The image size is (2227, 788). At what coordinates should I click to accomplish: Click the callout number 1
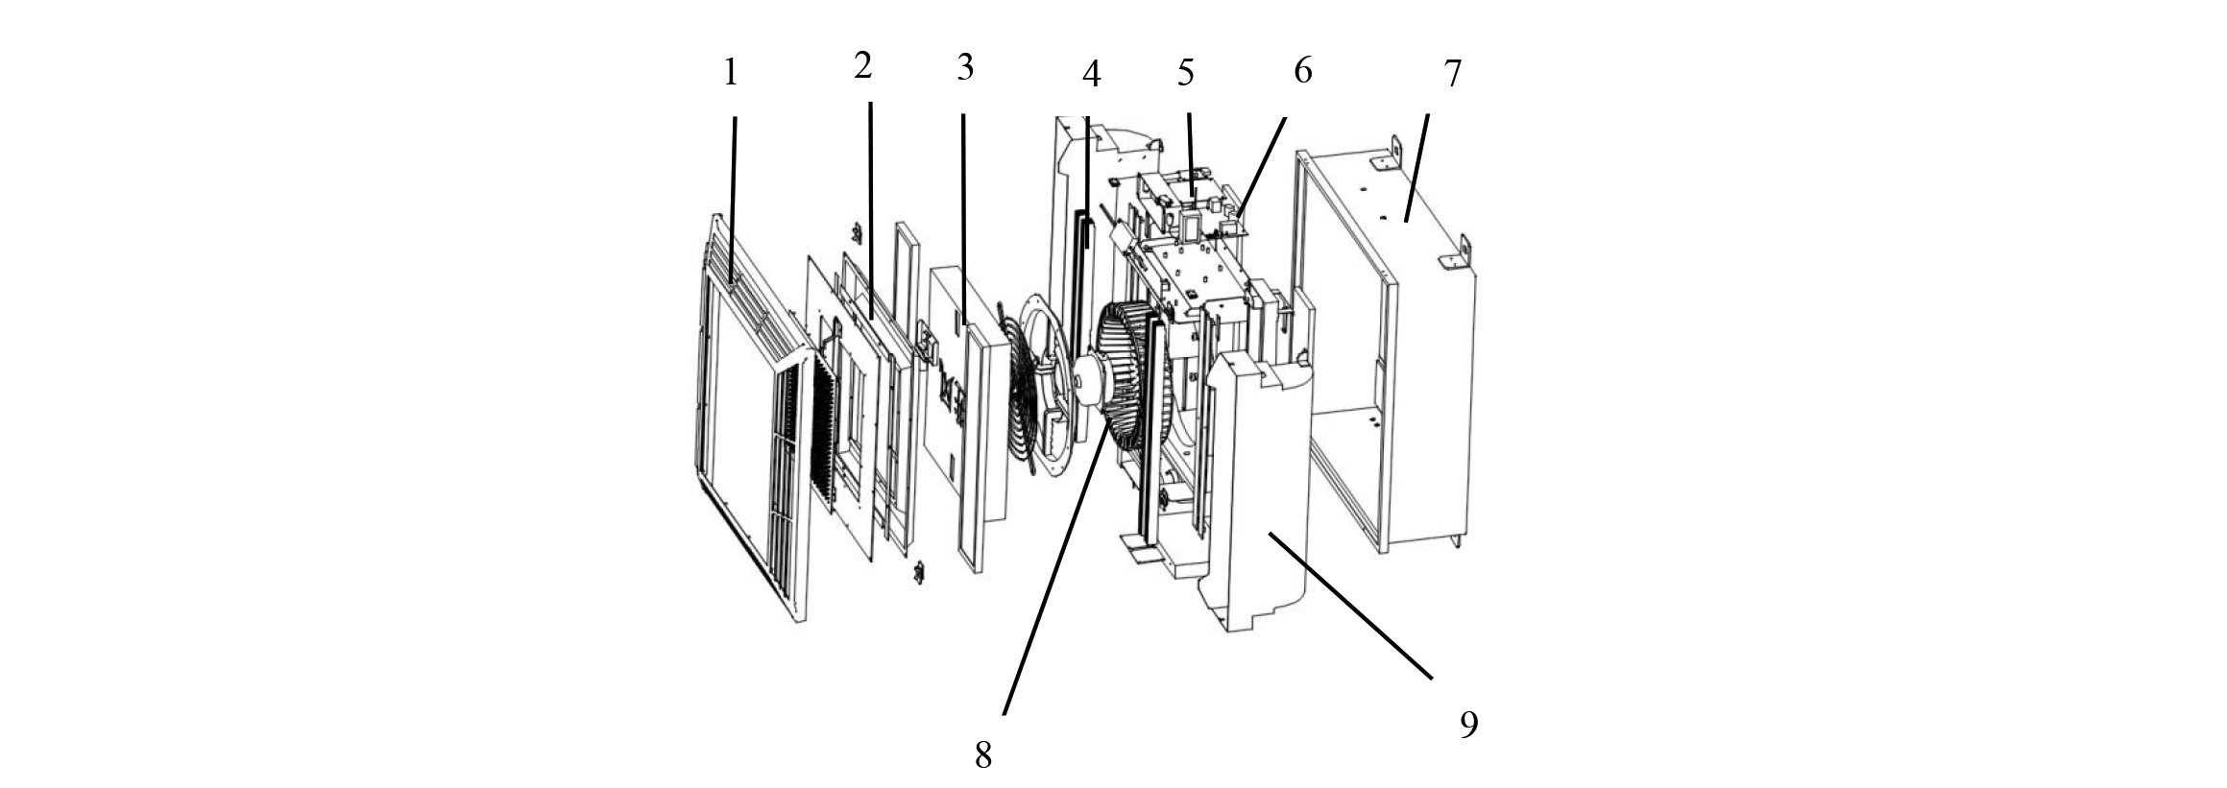pos(731,73)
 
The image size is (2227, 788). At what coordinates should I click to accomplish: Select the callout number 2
pos(862,66)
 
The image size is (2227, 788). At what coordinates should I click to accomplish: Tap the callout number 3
pos(965,68)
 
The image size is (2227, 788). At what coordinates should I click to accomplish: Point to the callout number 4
pos(1090,74)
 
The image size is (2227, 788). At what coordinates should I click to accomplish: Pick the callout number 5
pos(1185,71)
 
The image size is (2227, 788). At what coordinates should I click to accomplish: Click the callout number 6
pos(1303,70)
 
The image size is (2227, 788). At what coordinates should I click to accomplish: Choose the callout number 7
pos(1452,75)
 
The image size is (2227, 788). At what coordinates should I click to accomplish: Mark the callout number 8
pos(982,754)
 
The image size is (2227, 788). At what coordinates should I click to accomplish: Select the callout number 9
pos(1467,725)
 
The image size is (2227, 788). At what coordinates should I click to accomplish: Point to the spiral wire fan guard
pos(1028,394)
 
